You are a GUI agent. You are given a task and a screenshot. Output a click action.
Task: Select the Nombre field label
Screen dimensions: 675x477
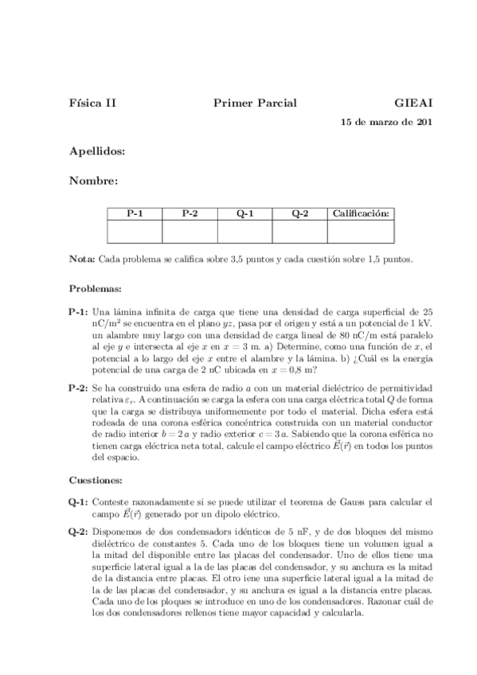(93, 181)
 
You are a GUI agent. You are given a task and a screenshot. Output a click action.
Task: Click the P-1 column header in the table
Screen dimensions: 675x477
(135, 213)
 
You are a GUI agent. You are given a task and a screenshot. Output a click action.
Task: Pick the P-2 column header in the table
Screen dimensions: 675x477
(190, 213)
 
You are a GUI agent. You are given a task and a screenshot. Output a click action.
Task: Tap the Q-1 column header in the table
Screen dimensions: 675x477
(244, 213)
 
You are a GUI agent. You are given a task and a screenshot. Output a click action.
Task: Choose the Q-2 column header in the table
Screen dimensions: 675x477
(299, 213)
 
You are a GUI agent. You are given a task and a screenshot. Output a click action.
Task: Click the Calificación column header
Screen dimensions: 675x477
(361, 213)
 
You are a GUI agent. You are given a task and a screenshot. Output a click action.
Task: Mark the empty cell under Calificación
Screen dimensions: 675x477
(361, 231)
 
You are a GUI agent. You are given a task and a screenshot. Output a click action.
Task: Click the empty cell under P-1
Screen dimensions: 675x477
(135, 231)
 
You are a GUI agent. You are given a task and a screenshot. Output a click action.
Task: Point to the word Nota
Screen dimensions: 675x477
(82, 259)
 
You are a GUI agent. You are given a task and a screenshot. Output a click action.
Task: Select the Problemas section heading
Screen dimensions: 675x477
(95, 288)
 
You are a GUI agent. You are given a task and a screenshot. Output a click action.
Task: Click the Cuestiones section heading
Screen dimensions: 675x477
(96, 481)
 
